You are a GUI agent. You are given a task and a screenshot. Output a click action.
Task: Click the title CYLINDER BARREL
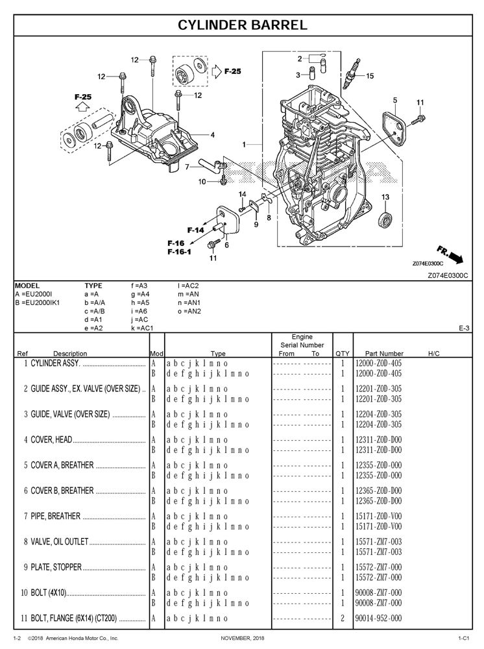point(242,25)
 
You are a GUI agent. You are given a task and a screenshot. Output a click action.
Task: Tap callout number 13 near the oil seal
point(385,197)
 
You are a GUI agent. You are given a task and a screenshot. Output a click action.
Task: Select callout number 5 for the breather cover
point(394,100)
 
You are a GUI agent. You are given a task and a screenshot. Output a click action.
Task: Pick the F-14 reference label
point(195,230)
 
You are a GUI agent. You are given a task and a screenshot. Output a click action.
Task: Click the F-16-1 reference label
point(179,251)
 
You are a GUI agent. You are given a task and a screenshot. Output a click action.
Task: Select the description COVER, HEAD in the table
point(52,439)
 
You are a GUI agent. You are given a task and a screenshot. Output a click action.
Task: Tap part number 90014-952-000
point(378,618)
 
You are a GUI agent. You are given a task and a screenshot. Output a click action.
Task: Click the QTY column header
point(342,354)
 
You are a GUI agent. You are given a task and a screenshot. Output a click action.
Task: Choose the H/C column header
point(434,354)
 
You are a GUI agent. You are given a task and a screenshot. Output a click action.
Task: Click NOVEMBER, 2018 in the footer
point(244,639)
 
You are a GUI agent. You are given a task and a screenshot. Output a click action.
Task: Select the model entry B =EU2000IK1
point(37,302)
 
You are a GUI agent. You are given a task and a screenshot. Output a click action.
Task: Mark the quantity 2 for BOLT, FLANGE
point(342,618)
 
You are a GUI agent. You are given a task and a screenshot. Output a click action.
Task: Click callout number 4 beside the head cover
point(212,135)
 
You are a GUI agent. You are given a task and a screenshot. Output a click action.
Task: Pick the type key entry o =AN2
point(189,311)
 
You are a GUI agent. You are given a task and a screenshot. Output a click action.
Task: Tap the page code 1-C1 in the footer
point(463,639)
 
